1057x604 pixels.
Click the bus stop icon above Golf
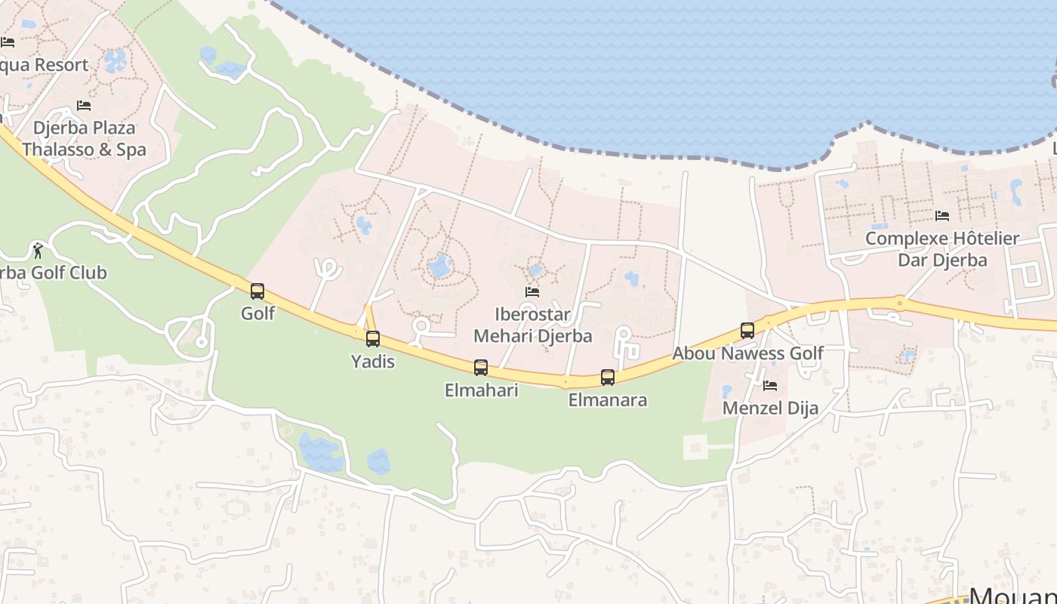(257, 291)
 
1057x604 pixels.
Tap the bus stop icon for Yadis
(373, 339)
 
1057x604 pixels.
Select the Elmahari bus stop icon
(481, 368)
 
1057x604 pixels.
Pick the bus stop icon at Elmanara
(608, 377)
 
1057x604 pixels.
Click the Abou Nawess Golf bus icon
(747, 331)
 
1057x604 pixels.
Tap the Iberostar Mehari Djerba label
(532, 325)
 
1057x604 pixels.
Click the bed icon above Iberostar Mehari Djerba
(532, 292)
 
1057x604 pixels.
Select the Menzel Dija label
(770, 408)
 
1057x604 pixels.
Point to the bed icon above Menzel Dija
(770, 386)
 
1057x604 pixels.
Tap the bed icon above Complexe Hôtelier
(942, 216)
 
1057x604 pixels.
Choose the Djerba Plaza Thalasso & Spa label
(84, 139)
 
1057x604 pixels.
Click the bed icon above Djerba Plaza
(84, 106)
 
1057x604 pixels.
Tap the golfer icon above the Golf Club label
(38, 250)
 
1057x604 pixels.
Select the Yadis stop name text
(373, 362)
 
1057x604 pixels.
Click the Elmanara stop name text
(608, 400)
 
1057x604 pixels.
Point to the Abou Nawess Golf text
(747, 353)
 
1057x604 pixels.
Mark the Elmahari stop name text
(481, 390)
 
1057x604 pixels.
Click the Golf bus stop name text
(257, 313)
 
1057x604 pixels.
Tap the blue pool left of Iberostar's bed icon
(439, 265)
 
